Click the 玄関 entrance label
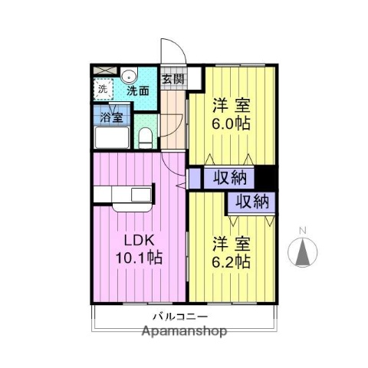click(173, 78)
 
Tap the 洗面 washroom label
click(138, 90)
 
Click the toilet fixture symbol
click(145, 138)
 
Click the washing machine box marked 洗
click(102, 90)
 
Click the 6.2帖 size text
click(231, 261)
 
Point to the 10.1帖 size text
click(138, 258)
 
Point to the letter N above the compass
click(302, 230)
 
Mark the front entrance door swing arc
click(175, 51)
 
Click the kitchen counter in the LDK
click(126, 196)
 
